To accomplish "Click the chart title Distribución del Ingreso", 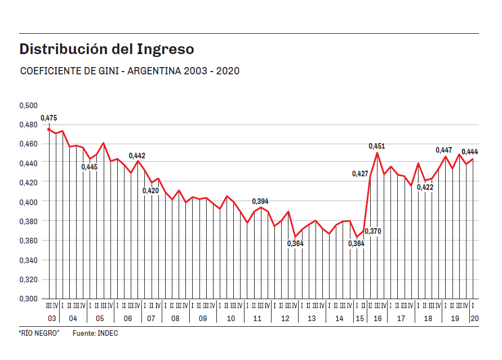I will [x=106, y=50].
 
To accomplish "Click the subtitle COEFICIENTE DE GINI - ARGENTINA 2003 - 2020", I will [x=130, y=72].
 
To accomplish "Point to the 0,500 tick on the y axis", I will [x=28, y=105].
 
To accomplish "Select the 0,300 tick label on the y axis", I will [x=28, y=299].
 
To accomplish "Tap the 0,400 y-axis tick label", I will [x=28, y=202].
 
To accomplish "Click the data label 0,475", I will [x=49, y=118].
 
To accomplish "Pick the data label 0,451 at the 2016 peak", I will [x=377, y=146].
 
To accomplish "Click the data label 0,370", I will [x=373, y=231].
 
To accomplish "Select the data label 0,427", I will [x=360, y=174].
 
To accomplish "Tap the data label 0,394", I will [x=260, y=201].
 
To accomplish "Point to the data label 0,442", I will [x=137, y=155].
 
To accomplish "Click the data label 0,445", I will [x=90, y=167].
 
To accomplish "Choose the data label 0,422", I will [x=425, y=188].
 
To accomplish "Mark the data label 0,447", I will [x=444, y=150].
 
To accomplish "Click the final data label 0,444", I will [x=470, y=152].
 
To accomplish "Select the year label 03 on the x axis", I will [x=51, y=319].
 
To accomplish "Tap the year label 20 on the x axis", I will [x=474, y=319].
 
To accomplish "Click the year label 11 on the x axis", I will [x=257, y=319].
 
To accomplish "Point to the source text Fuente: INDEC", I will [x=95, y=334].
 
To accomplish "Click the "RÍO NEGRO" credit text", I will [x=39, y=334].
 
